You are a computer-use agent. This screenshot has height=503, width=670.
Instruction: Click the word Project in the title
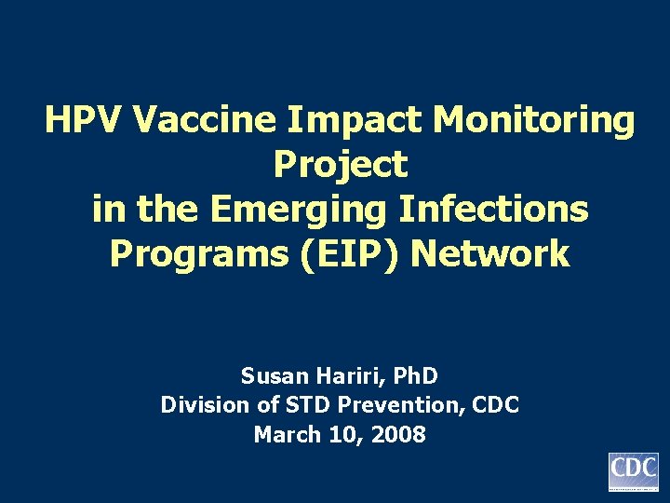[341, 165]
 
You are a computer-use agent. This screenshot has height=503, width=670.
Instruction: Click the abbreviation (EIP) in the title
[350, 253]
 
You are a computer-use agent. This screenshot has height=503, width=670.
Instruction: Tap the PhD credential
[414, 376]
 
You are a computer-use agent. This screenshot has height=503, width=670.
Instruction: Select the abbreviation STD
[287, 405]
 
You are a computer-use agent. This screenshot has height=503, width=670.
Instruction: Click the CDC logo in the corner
[633, 471]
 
